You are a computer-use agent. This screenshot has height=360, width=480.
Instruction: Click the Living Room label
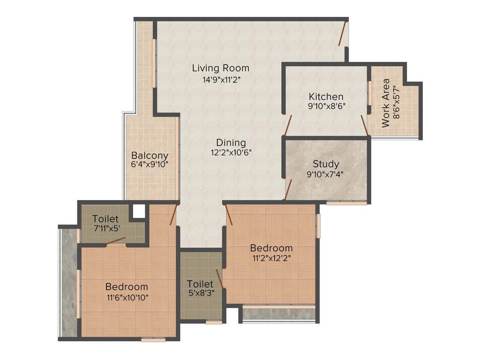click(x=220, y=68)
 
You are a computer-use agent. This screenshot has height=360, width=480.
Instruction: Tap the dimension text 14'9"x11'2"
click(x=221, y=80)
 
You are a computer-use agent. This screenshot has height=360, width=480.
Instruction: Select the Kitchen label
click(x=326, y=97)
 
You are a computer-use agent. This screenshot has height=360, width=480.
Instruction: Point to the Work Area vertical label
click(x=386, y=103)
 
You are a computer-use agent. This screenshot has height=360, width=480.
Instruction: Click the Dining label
click(x=231, y=142)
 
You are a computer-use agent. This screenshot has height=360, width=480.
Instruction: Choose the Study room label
click(x=326, y=164)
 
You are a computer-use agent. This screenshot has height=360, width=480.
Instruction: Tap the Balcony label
click(x=150, y=155)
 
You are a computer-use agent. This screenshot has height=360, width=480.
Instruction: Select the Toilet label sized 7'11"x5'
click(x=105, y=219)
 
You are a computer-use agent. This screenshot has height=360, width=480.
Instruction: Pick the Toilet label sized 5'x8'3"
click(x=200, y=284)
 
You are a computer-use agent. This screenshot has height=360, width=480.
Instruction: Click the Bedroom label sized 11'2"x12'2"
click(x=271, y=248)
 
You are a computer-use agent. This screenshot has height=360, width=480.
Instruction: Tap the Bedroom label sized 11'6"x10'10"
click(x=127, y=286)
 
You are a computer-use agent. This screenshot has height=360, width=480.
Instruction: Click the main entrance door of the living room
click(x=344, y=33)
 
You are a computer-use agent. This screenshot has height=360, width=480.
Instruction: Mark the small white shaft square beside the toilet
click(x=138, y=211)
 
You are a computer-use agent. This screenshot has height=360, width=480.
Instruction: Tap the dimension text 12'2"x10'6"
click(x=231, y=152)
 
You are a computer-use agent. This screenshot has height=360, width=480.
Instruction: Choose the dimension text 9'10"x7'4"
click(x=326, y=174)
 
